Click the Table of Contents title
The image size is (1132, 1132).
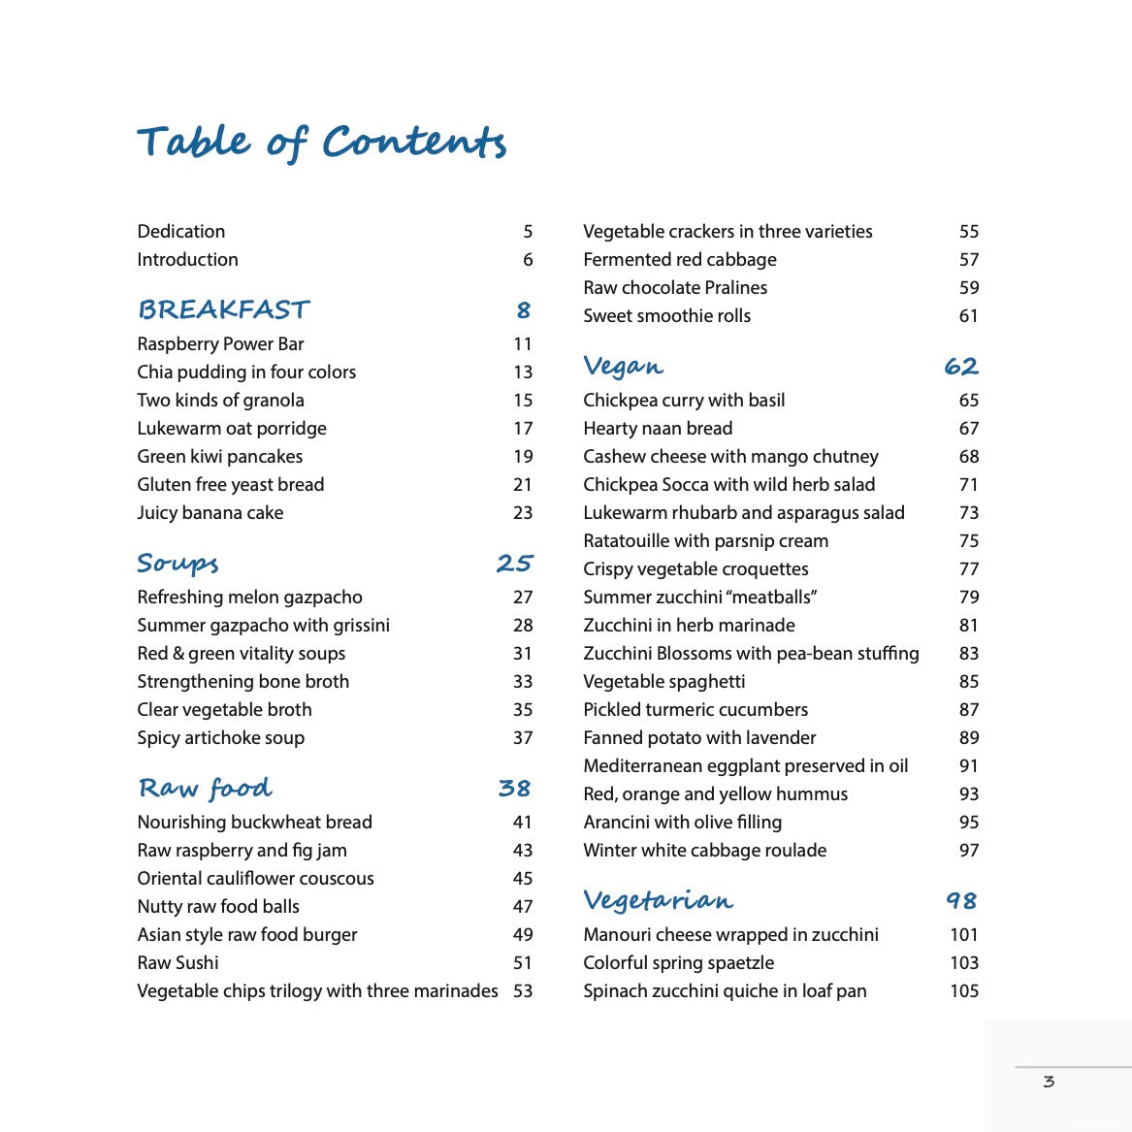tap(321, 142)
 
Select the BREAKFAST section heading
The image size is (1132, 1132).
tap(223, 310)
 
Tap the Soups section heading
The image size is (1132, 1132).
tap(178, 564)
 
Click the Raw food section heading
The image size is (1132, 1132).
tap(205, 789)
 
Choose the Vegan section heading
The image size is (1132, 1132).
tap(623, 367)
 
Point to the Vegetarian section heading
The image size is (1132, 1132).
tap(658, 901)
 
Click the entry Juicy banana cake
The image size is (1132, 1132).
tap(210, 513)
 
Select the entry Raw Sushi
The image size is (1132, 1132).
tap(178, 963)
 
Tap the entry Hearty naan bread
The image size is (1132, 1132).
tap(658, 429)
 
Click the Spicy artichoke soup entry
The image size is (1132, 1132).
tap(220, 738)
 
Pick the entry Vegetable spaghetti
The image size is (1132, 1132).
tap(663, 682)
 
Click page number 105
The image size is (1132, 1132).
tap(964, 991)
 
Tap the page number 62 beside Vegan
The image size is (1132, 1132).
tap(960, 367)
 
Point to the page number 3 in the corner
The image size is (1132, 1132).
tap(1049, 1082)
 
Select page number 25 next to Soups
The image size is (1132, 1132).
tap(514, 564)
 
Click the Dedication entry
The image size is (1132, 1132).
tap(181, 232)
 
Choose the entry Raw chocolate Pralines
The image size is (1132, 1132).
tap(675, 288)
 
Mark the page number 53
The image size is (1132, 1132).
tap(523, 991)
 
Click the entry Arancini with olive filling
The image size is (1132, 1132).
tap(682, 823)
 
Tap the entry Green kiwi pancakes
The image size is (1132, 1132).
tap(219, 457)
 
